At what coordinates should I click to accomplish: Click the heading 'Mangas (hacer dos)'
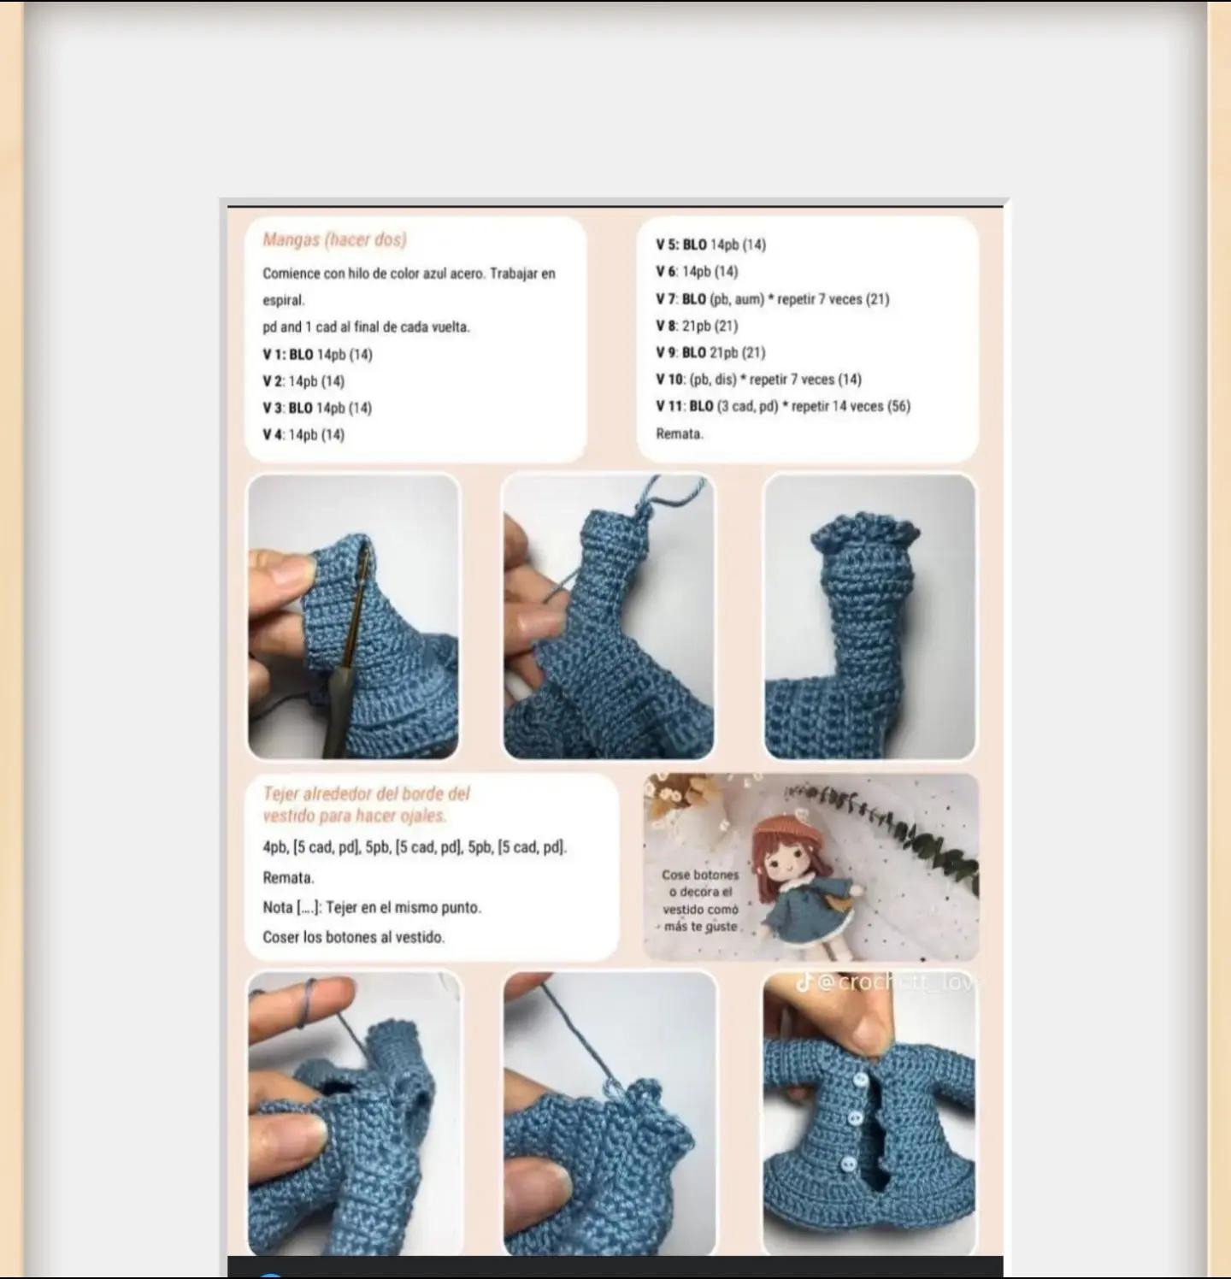pos(334,240)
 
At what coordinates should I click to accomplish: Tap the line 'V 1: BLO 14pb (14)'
pos(317,355)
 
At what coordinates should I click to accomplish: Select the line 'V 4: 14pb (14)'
pos(303,435)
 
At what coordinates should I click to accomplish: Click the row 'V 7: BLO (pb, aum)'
pos(772,299)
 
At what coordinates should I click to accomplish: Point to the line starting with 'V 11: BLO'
pos(782,406)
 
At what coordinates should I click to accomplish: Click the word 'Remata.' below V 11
pos(680,433)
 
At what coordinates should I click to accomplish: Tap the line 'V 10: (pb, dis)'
pos(758,380)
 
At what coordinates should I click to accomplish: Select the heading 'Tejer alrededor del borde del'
pos(366,794)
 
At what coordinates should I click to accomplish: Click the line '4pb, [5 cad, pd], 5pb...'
pos(415,847)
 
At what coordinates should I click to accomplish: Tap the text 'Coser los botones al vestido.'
pos(353,937)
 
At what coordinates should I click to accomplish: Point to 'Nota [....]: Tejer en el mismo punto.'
pos(372,907)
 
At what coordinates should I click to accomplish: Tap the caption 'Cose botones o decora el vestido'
pos(700,900)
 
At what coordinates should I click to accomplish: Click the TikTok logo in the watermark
pos(804,983)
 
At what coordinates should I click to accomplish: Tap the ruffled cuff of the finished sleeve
pos(865,536)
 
